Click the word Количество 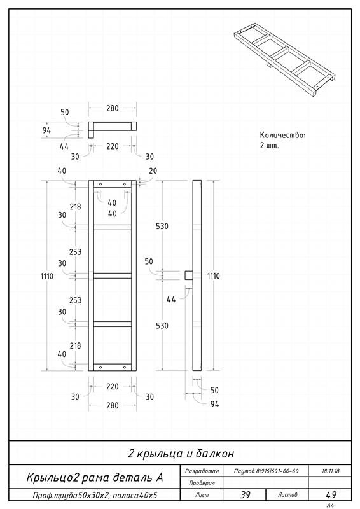pos(282,135)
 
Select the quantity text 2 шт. pos(269,146)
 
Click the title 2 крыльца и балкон pos(181,454)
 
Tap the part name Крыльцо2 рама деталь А pos(95,477)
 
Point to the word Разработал pos(202,471)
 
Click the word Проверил pos(202,483)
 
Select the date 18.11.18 pos(330,471)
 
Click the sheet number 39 pos(245,495)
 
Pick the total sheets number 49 pos(331,495)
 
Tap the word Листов pos(287,495)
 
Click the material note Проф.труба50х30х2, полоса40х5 pos(95,496)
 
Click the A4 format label pos(331,505)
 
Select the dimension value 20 pos(153,171)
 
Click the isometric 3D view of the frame pos(284,60)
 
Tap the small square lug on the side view pos(189,275)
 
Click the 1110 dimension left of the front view pos(46,276)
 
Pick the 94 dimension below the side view pos(214,404)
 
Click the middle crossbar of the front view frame pos(113,275)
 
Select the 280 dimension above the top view pos(113,108)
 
